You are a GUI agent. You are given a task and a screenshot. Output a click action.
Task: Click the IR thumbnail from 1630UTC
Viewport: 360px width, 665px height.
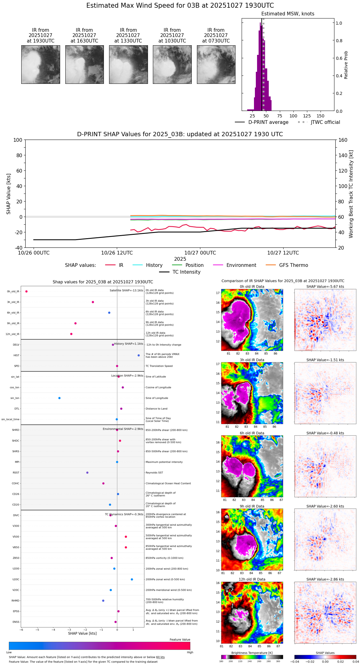[x=84, y=64]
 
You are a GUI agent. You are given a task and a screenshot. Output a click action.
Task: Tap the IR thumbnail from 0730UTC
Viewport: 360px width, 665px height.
[x=216, y=64]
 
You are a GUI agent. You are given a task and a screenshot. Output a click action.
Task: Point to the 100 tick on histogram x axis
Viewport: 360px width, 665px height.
[x=293, y=116]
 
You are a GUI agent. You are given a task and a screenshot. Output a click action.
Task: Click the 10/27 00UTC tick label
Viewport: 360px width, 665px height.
[x=200, y=253]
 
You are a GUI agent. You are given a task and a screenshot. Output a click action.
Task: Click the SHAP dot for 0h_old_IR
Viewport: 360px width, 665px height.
[x=27, y=292]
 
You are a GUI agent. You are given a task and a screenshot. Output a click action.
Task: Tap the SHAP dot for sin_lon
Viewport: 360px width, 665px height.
[x=59, y=398]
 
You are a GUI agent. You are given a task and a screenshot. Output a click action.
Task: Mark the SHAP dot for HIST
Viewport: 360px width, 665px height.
[x=139, y=356]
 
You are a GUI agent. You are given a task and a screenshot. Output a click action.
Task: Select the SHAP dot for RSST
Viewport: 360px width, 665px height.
[x=87, y=473]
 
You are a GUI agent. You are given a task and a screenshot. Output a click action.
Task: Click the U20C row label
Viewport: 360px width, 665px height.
[x=16, y=579]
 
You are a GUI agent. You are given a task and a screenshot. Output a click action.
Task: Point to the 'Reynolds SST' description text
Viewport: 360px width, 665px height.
[x=154, y=473]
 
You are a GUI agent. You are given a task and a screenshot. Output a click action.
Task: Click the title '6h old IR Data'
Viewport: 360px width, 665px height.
[x=252, y=433]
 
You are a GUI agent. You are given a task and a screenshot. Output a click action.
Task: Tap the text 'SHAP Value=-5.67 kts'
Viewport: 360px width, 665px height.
[x=325, y=287]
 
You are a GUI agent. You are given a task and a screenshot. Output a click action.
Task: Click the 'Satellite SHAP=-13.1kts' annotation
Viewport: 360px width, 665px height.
[x=126, y=291]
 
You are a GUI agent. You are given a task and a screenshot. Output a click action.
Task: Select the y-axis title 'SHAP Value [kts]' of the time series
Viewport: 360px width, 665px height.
[x=9, y=194]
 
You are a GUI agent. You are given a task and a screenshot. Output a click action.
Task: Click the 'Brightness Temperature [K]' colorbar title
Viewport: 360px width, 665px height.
[x=252, y=653]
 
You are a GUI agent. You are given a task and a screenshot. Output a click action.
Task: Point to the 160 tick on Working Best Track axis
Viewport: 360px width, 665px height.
[x=343, y=140]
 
